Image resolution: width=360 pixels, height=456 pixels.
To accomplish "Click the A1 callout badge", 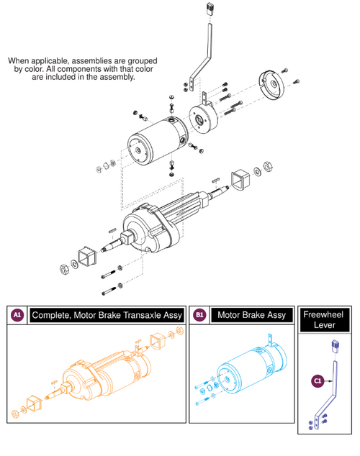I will (17, 315).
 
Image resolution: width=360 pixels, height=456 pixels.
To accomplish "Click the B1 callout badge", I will (199, 315).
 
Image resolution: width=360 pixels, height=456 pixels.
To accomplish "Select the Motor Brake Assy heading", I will (249, 315).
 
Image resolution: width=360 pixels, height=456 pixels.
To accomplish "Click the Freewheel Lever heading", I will (325, 320).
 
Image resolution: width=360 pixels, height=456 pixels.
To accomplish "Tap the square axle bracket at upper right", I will (240, 180).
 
